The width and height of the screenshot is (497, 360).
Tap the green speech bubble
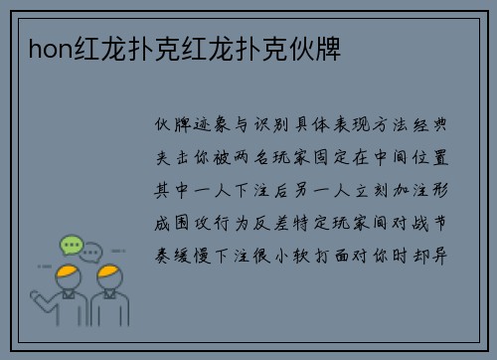point(71,244)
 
